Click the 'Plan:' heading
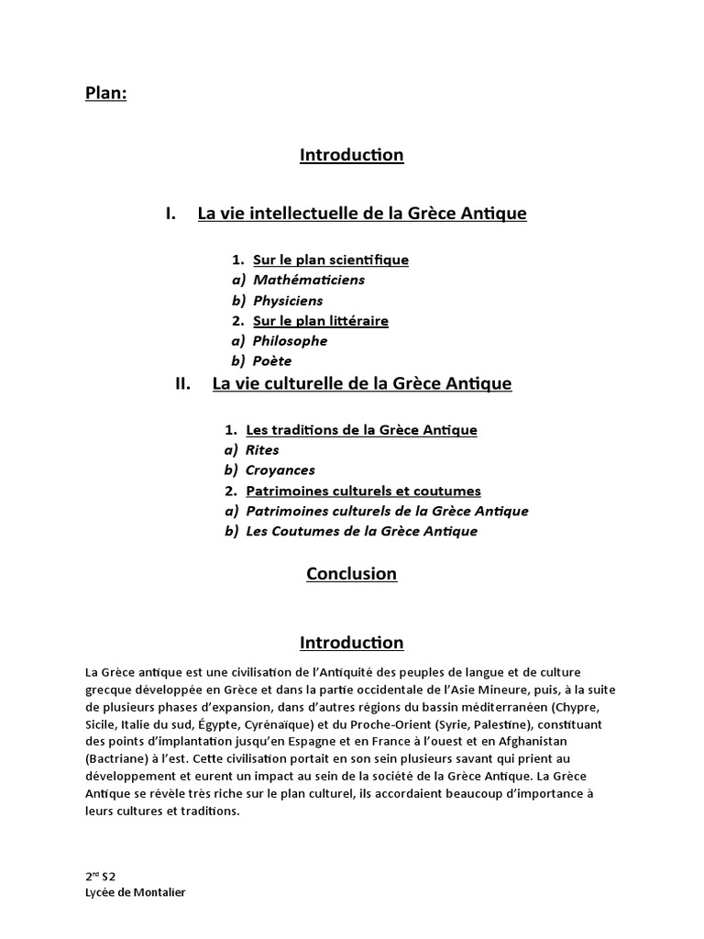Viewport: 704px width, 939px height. (105, 94)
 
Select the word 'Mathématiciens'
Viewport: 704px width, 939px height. (308, 280)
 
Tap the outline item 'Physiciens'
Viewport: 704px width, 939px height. (288, 300)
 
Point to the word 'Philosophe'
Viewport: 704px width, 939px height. (290, 340)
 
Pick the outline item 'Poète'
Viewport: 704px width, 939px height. (272, 360)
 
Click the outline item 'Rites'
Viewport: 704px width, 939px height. (262, 449)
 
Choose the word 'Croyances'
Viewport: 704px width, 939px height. (280, 469)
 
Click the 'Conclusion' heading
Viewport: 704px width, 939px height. (351, 574)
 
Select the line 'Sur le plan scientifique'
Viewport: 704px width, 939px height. (331, 260)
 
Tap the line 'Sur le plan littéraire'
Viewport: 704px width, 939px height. (321, 320)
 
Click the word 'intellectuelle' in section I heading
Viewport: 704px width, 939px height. (297, 214)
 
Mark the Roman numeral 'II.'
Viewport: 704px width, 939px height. (182, 383)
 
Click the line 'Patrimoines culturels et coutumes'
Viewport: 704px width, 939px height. (363, 491)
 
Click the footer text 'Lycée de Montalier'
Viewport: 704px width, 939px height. (135, 892)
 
